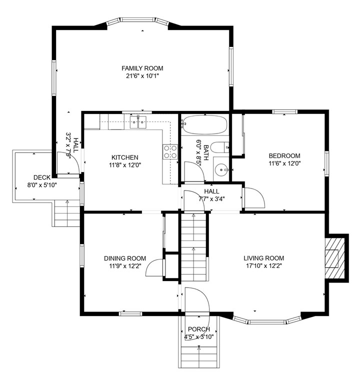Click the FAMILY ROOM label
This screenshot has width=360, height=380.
(142, 68)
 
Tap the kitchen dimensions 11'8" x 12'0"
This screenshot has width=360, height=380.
(125, 165)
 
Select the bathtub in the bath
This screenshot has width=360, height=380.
(204, 124)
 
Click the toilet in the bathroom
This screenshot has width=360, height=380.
(219, 147)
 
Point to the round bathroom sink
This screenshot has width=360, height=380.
(221, 169)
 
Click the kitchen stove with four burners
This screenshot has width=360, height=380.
(170, 151)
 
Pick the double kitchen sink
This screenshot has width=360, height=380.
(138, 122)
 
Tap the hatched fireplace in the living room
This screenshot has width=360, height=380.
(334, 258)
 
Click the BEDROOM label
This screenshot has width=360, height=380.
(284, 155)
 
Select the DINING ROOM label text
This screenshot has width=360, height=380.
(125, 258)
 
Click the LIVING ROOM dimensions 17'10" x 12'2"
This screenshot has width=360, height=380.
(264, 266)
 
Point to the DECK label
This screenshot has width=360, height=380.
(42, 177)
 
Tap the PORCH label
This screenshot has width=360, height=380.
(199, 329)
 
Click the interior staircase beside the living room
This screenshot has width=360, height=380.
(193, 246)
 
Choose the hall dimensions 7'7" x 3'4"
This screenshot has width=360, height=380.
(211, 199)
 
